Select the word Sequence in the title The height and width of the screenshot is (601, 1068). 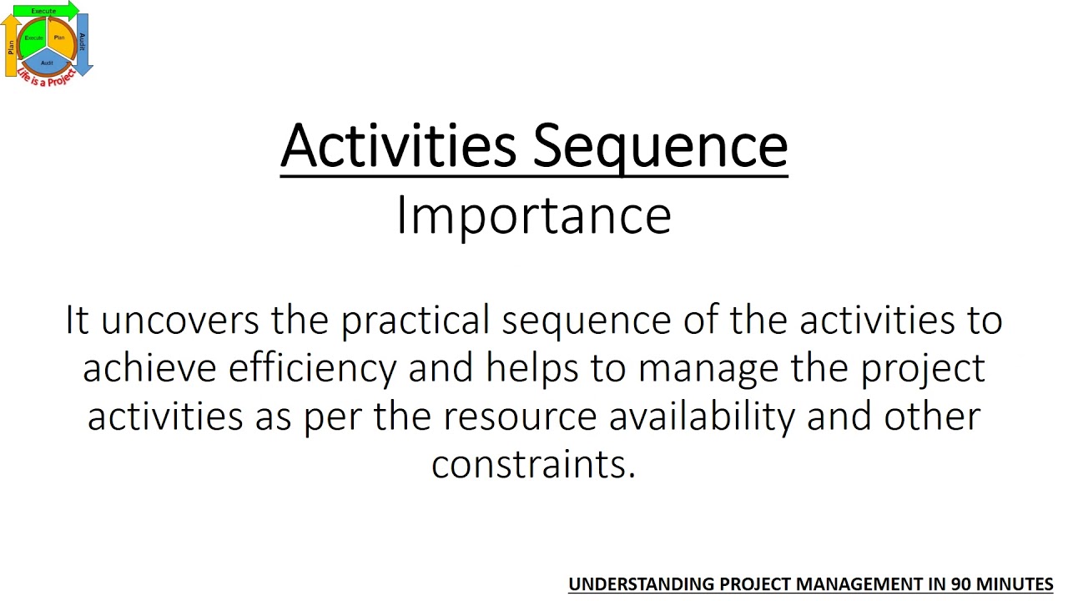pos(660,147)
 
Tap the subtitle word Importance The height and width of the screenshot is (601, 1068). pos(533,215)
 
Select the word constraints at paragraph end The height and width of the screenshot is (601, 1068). pos(533,464)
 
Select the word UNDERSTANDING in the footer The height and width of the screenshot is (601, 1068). pos(641,584)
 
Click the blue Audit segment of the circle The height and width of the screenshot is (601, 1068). pos(48,62)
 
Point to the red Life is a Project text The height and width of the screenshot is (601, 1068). pos(46,78)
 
